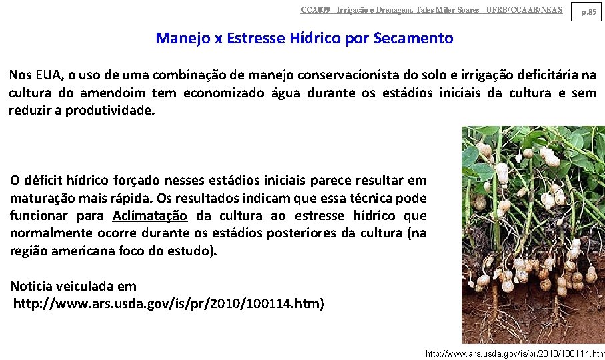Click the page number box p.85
tap(587, 11)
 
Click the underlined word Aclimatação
tap(150, 216)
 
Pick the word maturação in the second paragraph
tap(43, 199)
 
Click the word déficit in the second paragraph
tap(45, 181)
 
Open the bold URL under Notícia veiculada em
tap(169, 304)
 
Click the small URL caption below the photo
tap(514, 353)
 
